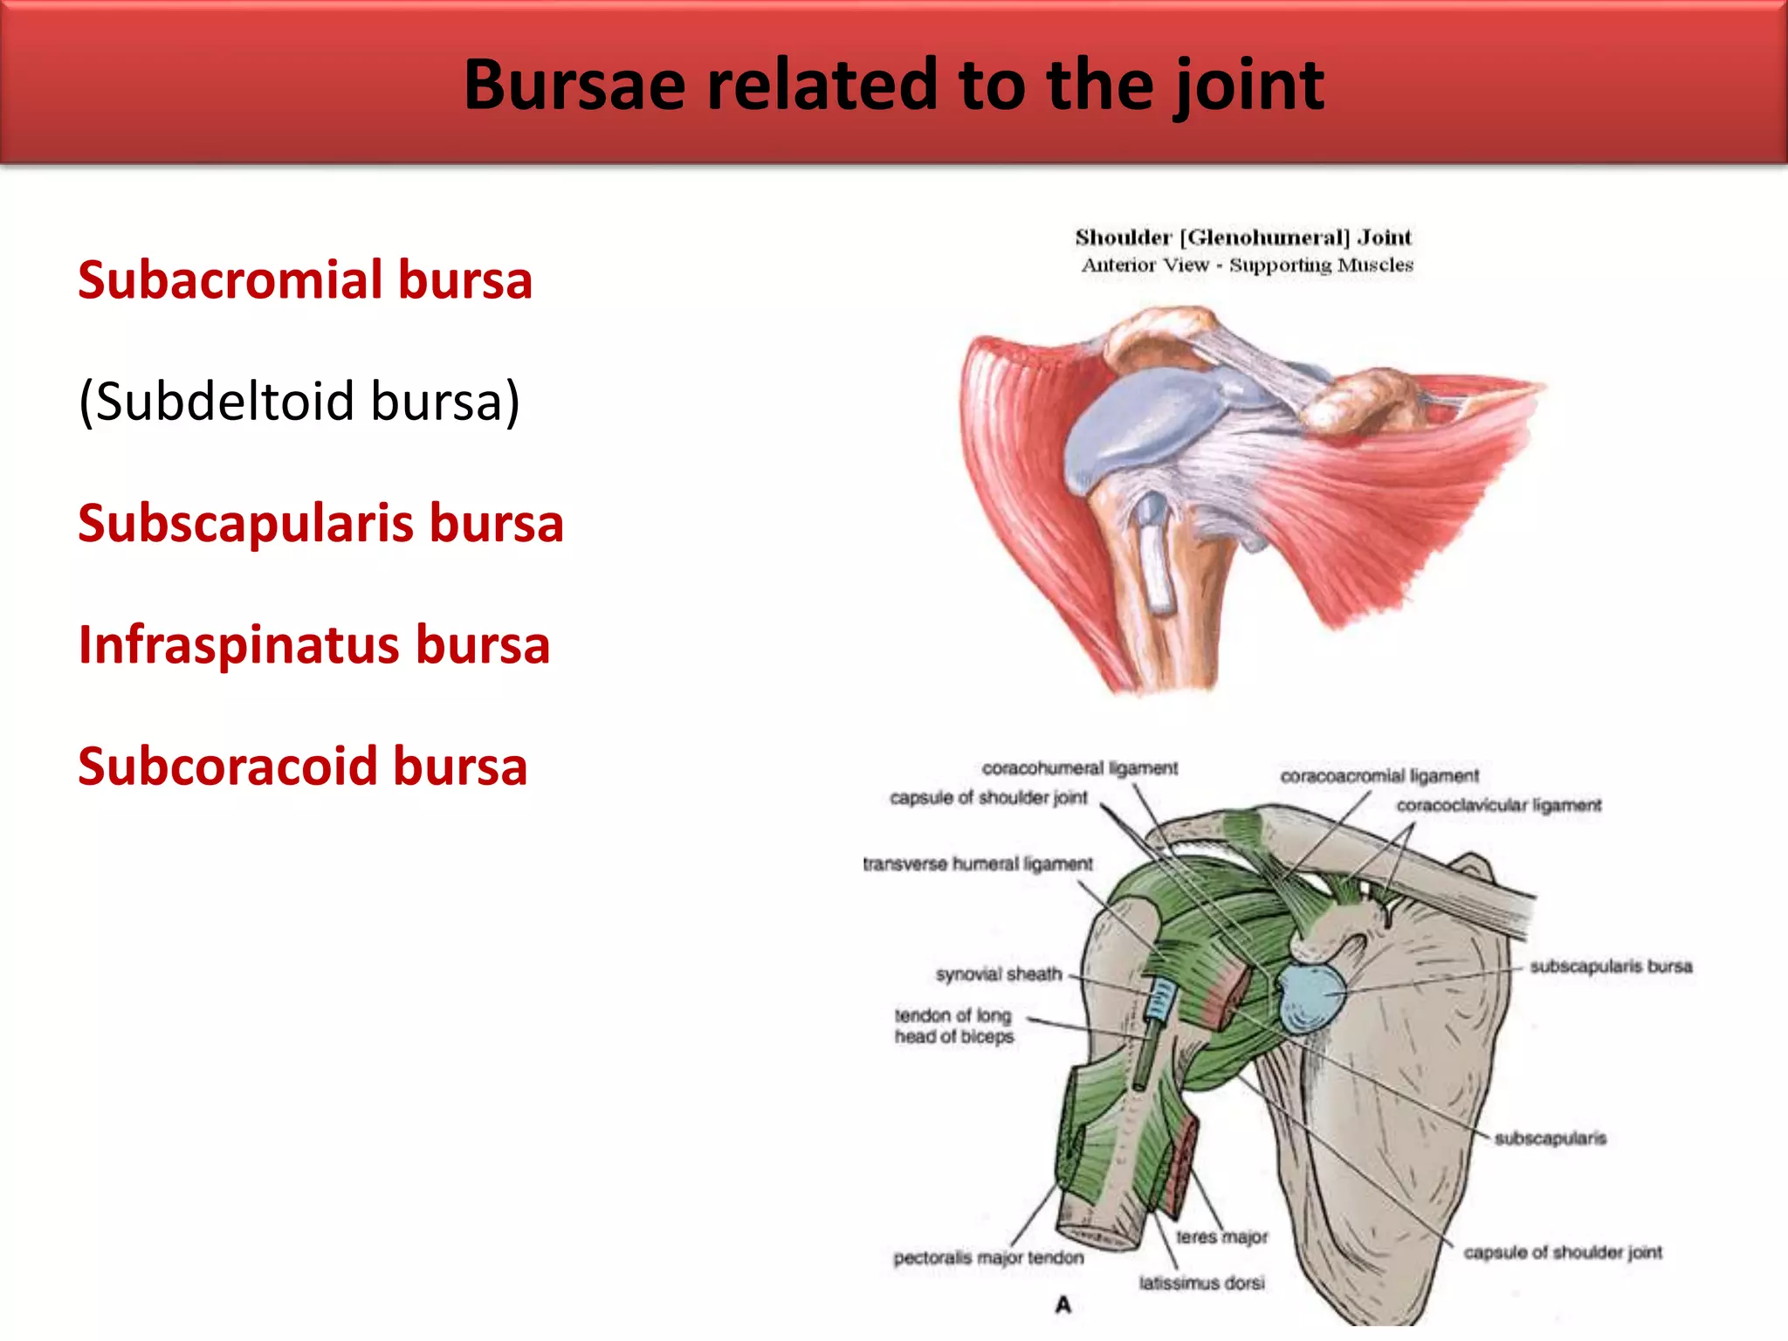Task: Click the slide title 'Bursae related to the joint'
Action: point(893,85)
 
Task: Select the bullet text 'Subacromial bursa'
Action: point(305,280)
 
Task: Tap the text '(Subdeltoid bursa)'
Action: point(299,402)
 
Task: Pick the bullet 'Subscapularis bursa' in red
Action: point(320,524)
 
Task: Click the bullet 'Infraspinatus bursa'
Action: point(313,645)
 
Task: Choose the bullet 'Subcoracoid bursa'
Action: point(302,767)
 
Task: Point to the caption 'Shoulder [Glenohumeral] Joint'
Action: point(1242,237)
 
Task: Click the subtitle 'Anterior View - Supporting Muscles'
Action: point(1247,265)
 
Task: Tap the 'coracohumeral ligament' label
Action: point(1079,768)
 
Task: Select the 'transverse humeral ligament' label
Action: point(977,864)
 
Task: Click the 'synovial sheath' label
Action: point(999,973)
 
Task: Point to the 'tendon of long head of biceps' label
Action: point(953,1026)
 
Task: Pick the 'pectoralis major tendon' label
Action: point(988,1258)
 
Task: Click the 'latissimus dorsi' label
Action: point(1201,1283)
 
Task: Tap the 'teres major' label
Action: point(1221,1237)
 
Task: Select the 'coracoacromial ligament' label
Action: point(1379,776)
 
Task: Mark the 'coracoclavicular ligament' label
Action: point(1499,805)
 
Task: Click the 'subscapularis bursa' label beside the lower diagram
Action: point(1611,966)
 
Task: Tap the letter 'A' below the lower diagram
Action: point(1062,1305)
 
